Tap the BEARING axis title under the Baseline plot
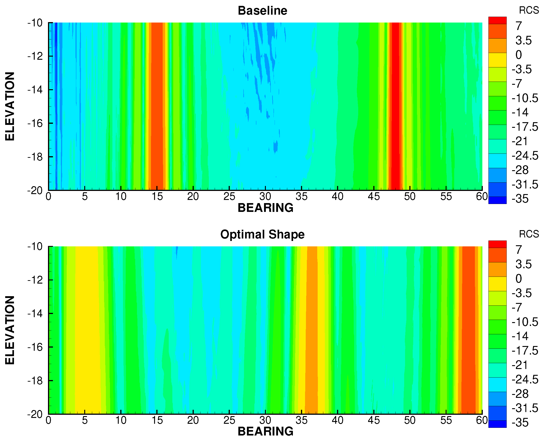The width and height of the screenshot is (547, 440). [x=265, y=208]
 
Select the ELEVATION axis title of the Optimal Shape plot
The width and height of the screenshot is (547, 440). [x=10, y=330]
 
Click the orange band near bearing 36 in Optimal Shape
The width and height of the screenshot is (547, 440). [x=312, y=330]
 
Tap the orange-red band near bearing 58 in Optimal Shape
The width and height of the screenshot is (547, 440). [x=468, y=330]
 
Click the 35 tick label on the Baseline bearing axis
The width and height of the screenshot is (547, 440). [x=301, y=197]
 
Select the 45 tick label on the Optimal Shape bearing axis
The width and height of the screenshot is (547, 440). [x=374, y=420]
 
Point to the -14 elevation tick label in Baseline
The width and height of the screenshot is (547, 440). [x=35, y=90]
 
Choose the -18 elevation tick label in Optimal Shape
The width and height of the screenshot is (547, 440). [x=35, y=380]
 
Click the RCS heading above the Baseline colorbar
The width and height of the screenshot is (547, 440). [x=529, y=10]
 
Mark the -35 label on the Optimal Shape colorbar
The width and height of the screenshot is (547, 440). [x=520, y=423]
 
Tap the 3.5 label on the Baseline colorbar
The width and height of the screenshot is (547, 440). [x=523, y=40]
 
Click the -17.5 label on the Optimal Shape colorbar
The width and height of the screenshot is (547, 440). [x=525, y=351]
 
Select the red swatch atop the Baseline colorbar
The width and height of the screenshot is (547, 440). [x=497, y=20]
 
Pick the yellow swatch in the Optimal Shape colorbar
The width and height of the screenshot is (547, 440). [x=497, y=284]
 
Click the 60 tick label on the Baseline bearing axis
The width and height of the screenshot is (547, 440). [x=481, y=197]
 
